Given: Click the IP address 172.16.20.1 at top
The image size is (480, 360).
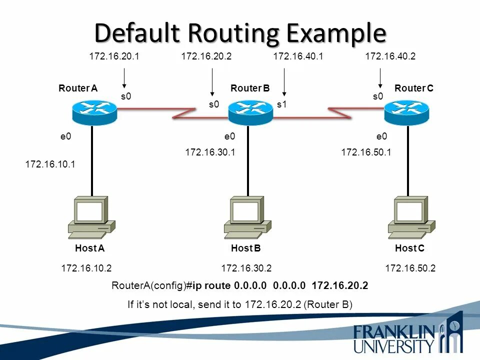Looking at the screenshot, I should [x=114, y=56].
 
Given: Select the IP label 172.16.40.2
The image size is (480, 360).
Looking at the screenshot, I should [x=390, y=56].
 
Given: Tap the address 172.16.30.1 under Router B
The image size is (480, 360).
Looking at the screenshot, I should [x=210, y=152].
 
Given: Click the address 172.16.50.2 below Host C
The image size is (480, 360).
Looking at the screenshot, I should [x=410, y=268].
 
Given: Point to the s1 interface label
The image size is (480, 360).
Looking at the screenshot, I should [x=282, y=104].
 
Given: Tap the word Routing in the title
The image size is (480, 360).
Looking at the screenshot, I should [x=222, y=33].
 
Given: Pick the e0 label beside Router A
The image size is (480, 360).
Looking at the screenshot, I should [x=65, y=136].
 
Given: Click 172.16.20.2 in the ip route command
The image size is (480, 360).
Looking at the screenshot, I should [x=339, y=286].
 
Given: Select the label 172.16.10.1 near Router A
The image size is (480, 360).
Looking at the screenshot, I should [x=50, y=163].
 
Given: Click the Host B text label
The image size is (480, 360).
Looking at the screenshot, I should [x=246, y=248].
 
